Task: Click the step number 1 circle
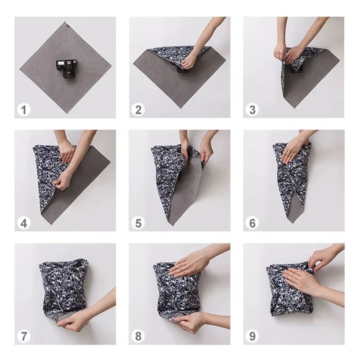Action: tap(24, 109)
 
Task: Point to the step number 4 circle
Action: tap(24, 223)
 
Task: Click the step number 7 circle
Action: tap(24, 336)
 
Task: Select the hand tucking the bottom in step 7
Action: tap(79, 320)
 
